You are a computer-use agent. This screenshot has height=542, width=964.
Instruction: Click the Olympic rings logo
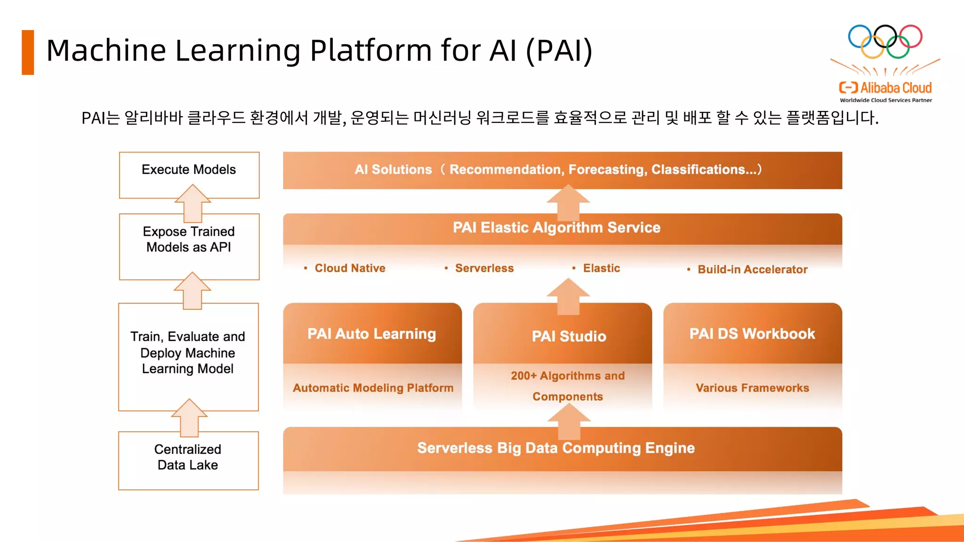pos(885,41)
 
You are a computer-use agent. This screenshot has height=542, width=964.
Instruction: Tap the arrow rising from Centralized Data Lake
pos(189,418)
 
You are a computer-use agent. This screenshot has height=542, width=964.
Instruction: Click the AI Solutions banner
pos(562,170)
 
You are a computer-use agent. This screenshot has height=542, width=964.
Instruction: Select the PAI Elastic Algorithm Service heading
pos(556,228)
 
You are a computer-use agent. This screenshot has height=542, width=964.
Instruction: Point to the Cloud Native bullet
pos(349,268)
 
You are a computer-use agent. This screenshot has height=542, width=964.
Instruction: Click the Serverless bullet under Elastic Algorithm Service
pos(484,268)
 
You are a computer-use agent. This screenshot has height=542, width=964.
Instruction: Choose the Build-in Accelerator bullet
pos(752,270)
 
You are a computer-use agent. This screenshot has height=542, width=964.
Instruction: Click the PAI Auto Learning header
pos(372,334)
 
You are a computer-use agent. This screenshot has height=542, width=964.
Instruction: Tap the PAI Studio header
pos(569,336)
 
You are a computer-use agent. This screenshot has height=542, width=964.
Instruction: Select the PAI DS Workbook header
pos(752,334)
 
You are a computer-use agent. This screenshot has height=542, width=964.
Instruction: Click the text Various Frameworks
pos(752,388)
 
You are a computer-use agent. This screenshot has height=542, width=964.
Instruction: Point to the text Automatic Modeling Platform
pos(373,388)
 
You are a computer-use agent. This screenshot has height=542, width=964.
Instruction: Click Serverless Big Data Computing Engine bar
pos(555,448)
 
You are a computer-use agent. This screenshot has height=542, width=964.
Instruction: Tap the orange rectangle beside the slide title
pos(28,52)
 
